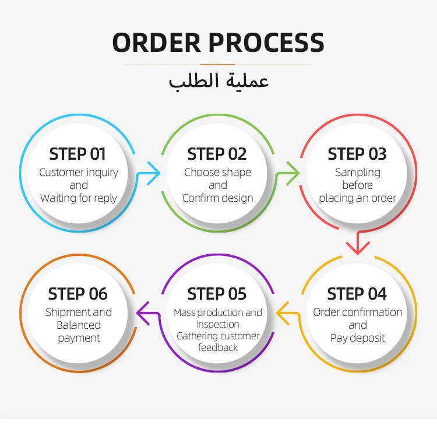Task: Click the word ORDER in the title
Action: click(x=156, y=43)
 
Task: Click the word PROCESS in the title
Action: click(x=266, y=43)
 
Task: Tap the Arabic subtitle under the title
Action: click(x=218, y=81)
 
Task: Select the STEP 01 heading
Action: click(x=77, y=154)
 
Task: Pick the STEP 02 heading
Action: click(x=217, y=154)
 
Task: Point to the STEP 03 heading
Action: click(x=357, y=154)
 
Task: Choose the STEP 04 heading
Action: click(x=357, y=294)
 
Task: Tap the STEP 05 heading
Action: click(x=217, y=294)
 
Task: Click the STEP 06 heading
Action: click(x=77, y=294)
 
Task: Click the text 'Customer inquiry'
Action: click(x=79, y=173)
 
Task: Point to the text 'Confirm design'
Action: click(x=218, y=198)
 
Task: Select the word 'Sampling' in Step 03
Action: click(x=358, y=173)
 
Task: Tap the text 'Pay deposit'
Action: click(x=358, y=338)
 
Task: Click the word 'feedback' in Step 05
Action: click(x=218, y=347)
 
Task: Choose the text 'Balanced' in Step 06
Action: click(x=79, y=325)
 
